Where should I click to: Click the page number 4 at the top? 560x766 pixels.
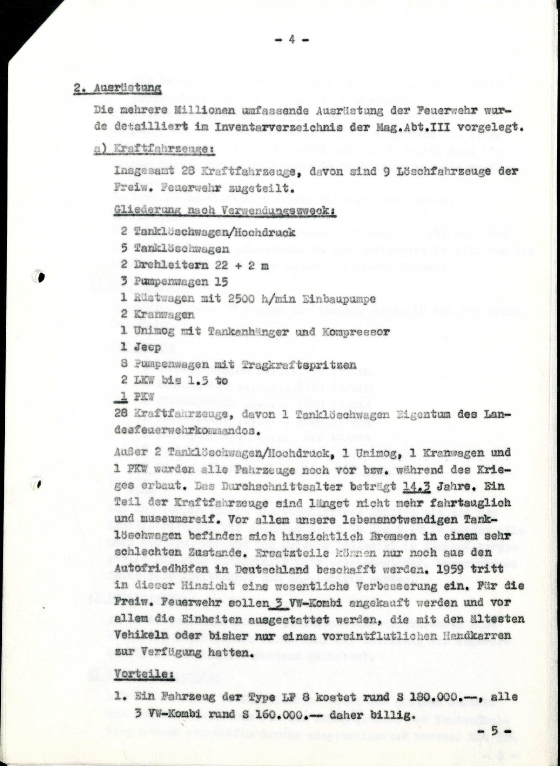click(292, 40)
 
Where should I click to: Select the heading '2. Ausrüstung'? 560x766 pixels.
click(117, 88)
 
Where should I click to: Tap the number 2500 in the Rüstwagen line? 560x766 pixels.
click(242, 299)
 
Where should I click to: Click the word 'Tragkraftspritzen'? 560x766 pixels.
click(299, 365)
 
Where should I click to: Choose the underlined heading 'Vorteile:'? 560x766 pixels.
click(144, 674)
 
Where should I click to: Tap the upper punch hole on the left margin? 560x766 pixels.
click(41, 277)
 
